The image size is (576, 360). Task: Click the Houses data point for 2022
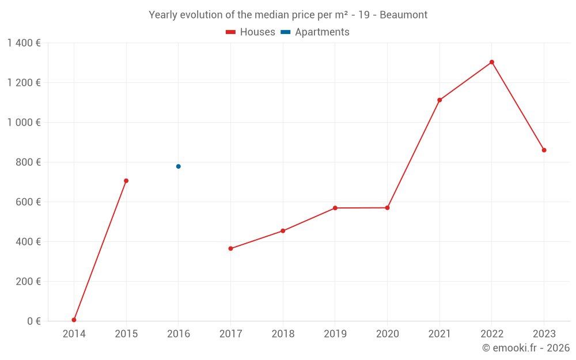pos(491,62)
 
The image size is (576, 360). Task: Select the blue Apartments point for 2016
pos(179,166)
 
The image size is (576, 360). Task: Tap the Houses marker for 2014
pos(74,320)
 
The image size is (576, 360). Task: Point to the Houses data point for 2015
pos(126,181)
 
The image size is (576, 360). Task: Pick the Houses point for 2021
pos(439,100)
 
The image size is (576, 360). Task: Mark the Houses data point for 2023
pos(544,150)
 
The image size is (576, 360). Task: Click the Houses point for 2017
pos(230,249)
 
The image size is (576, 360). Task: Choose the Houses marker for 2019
pos(335,208)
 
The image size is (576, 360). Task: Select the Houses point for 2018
pos(283,231)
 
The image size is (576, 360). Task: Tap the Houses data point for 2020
pos(387,208)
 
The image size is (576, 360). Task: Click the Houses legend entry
pos(251,32)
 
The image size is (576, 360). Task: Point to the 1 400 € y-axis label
pos(24,43)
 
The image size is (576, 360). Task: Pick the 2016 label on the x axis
pos(179,334)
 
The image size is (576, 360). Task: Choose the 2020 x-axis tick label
pos(387,334)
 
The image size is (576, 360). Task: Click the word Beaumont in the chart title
pos(403,15)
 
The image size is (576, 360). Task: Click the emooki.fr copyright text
pos(526,348)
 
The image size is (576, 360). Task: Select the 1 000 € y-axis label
pos(24,123)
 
